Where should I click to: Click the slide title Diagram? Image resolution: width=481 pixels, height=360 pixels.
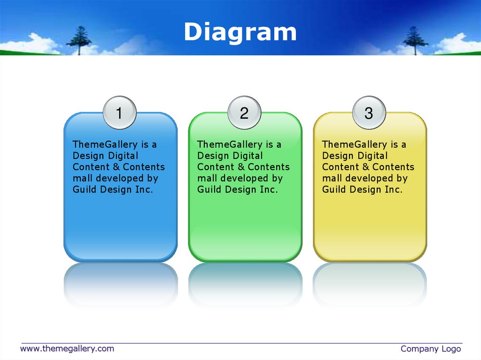click(x=240, y=32)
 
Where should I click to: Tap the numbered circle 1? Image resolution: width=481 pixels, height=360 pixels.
click(x=119, y=113)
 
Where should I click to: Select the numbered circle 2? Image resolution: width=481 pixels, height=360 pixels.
click(x=244, y=113)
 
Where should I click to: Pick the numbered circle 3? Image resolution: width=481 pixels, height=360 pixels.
click(x=369, y=113)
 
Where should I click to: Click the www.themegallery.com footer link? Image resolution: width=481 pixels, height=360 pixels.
click(x=67, y=349)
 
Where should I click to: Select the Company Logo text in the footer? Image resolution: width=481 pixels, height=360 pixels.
click(x=431, y=349)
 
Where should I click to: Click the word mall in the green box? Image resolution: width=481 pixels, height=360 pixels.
click(x=207, y=178)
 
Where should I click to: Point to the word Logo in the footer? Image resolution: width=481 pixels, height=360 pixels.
click(x=451, y=349)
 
